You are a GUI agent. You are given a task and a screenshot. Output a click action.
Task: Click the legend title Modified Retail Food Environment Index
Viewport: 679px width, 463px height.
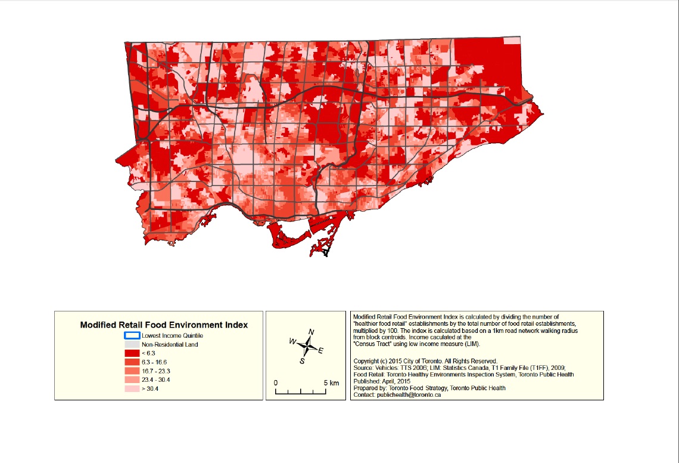[x=164, y=325]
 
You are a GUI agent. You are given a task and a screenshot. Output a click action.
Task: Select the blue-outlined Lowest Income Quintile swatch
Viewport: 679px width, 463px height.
[x=131, y=335]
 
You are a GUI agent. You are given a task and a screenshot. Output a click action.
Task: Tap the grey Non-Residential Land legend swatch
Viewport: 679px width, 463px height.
[x=131, y=344]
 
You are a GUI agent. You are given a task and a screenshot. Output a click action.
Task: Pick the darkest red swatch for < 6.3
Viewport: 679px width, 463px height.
[x=131, y=353]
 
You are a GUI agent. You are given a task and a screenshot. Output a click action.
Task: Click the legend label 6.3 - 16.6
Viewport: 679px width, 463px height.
[x=154, y=362]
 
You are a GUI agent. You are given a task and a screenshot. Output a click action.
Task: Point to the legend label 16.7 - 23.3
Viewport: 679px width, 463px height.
[x=155, y=371]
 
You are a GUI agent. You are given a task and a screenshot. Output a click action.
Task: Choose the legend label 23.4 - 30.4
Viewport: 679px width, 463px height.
[x=155, y=379]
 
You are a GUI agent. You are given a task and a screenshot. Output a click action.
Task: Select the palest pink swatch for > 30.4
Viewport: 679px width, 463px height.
[x=131, y=388]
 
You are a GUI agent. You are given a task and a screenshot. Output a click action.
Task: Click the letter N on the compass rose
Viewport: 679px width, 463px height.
[x=312, y=332]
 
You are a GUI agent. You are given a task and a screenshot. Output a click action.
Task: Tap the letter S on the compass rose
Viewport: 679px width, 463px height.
[x=302, y=361]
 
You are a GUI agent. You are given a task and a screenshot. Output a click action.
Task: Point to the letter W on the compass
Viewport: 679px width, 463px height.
[x=292, y=341]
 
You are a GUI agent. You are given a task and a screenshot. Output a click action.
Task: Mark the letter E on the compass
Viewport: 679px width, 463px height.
[x=321, y=351]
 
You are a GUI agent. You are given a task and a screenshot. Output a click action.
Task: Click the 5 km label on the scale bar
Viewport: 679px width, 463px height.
[x=331, y=382]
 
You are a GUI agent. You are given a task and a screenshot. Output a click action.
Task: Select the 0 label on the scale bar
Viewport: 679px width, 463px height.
[x=276, y=382]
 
